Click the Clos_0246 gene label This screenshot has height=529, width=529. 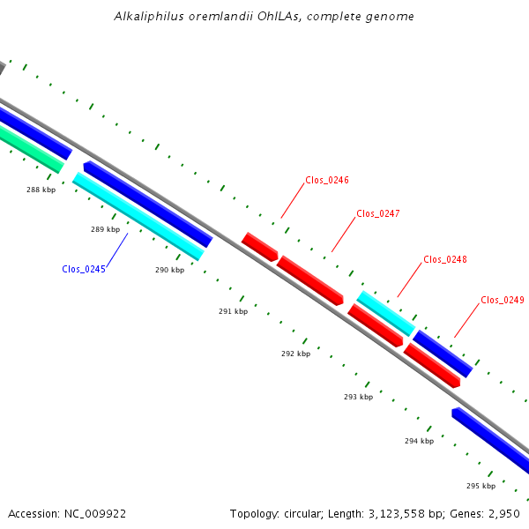click(327, 180)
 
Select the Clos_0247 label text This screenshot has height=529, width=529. click(378, 213)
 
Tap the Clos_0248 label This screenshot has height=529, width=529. click(445, 259)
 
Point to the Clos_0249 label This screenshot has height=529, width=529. click(503, 300)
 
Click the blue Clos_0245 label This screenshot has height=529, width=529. click(84, 269)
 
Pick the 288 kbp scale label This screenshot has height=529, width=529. click(41, 190)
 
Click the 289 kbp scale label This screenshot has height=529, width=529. click(105, 229)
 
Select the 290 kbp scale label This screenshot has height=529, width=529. click(169, 270)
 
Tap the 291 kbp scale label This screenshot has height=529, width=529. click(233, 311)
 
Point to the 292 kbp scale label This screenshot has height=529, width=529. click(296, 354)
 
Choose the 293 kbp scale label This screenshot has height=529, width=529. click(358, 397)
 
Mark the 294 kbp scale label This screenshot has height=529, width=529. click(420, 441)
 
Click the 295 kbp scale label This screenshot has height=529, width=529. click(481, 486)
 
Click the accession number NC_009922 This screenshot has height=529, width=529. click(95, 514)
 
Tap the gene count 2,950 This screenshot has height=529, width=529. click(504, 514)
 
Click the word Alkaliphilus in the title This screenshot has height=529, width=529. click(149, 16)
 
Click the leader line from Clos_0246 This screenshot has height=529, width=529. click(293, 200)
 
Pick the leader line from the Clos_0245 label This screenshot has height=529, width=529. click(117, 250)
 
